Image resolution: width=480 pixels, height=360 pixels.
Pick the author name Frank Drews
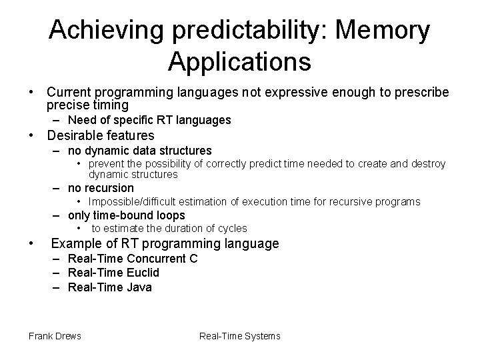pyautogui.click(x=55, y=335)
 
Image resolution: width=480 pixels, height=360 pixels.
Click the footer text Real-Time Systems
pyautogui.click(x=239, y=335)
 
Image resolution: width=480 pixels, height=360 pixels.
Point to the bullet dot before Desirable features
pyautogui.click(x=31, y=136)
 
